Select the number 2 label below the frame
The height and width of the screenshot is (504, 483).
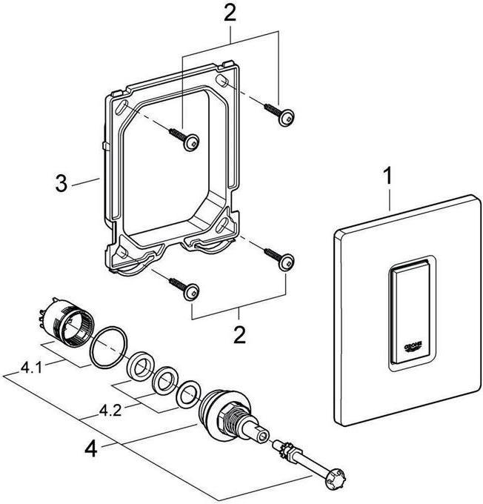(x=239, y=334)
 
